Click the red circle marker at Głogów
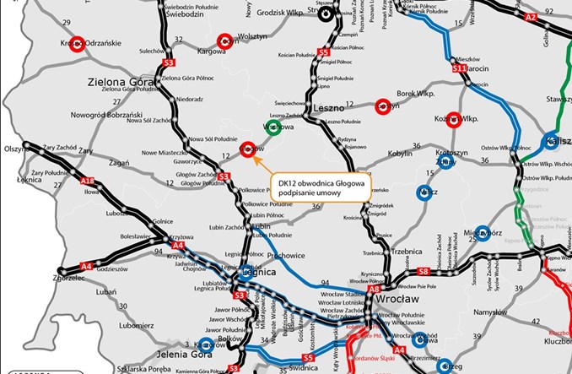coord(247,148)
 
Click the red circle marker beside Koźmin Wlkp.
coord(453,120)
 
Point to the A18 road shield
coord(87,181)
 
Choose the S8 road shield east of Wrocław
coord(424,271)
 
